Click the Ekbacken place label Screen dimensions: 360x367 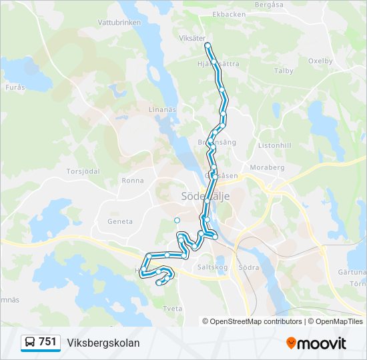228,14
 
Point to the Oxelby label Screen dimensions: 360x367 320,61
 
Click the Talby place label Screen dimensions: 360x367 284,71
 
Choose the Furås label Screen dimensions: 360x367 15,87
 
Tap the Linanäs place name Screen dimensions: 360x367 161,109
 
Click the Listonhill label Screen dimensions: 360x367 275,145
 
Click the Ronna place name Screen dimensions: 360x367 133,181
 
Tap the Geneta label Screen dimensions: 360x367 120,221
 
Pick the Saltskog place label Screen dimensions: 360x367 213,267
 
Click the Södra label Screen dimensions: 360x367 248,267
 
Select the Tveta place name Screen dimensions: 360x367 172,309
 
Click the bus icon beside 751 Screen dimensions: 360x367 30,343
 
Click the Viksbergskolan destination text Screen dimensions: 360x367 103,343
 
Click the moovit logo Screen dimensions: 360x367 316,343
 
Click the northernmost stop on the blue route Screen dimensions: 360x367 208,45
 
